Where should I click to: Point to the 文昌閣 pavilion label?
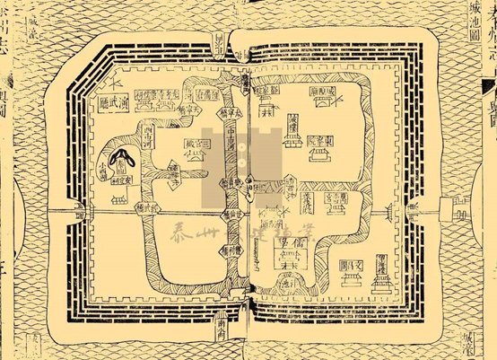353,267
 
